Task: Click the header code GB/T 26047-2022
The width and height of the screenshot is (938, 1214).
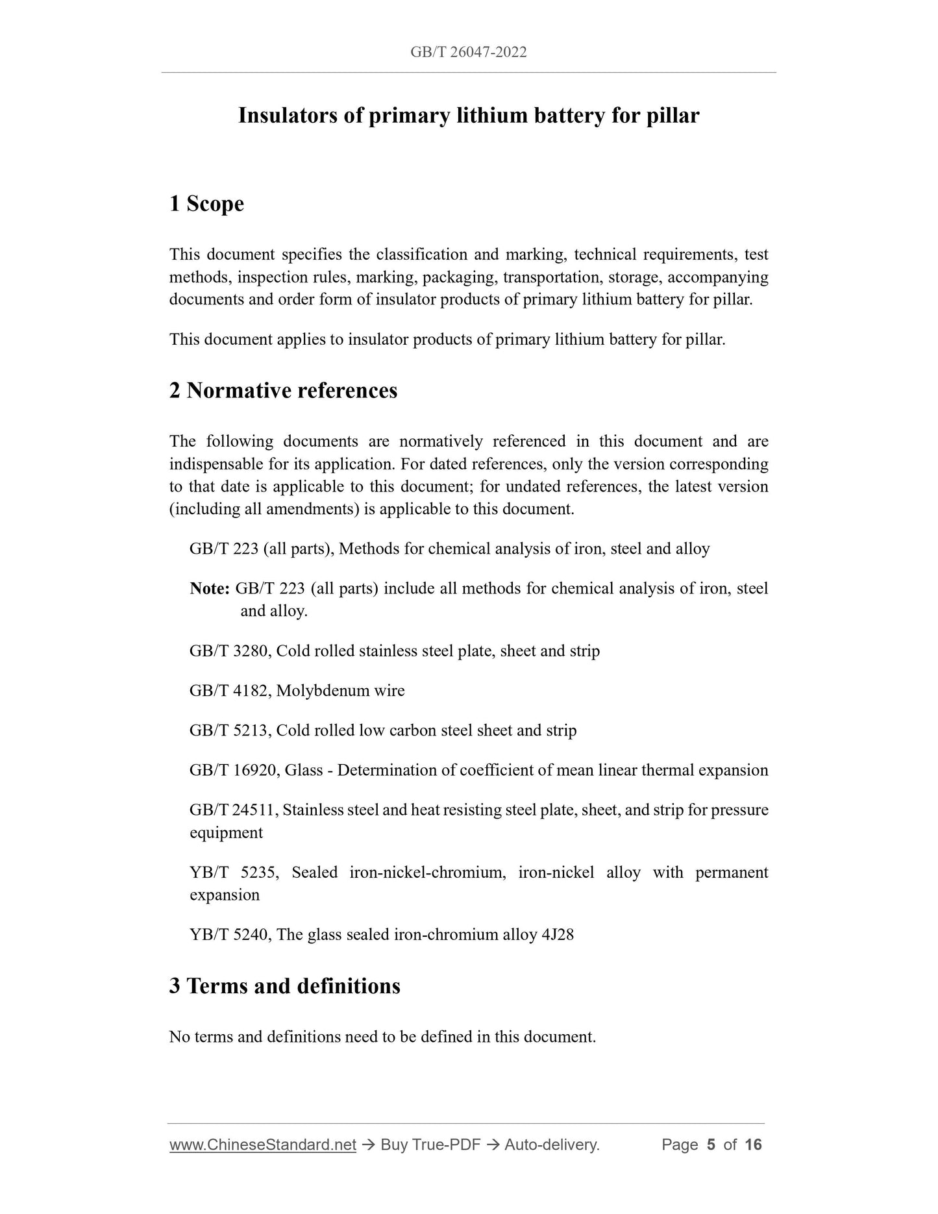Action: click(468, 53)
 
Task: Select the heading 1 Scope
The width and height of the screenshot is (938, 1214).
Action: click(206, 204)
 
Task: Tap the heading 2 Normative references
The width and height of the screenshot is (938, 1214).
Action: click(283, 391)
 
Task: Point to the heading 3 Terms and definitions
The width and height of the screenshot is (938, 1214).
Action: click(284, 986)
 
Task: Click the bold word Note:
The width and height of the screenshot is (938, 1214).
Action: click(210, 589)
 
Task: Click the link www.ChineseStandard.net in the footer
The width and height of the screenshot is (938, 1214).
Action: click(263, 1145)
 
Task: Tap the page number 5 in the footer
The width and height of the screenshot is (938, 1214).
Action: click(711, 1145)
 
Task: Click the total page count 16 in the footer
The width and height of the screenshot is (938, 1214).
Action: click(753, 1145)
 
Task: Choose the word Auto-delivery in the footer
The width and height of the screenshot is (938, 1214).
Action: click(551, 1145)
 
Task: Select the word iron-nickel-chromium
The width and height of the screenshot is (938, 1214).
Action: click(427, 873)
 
